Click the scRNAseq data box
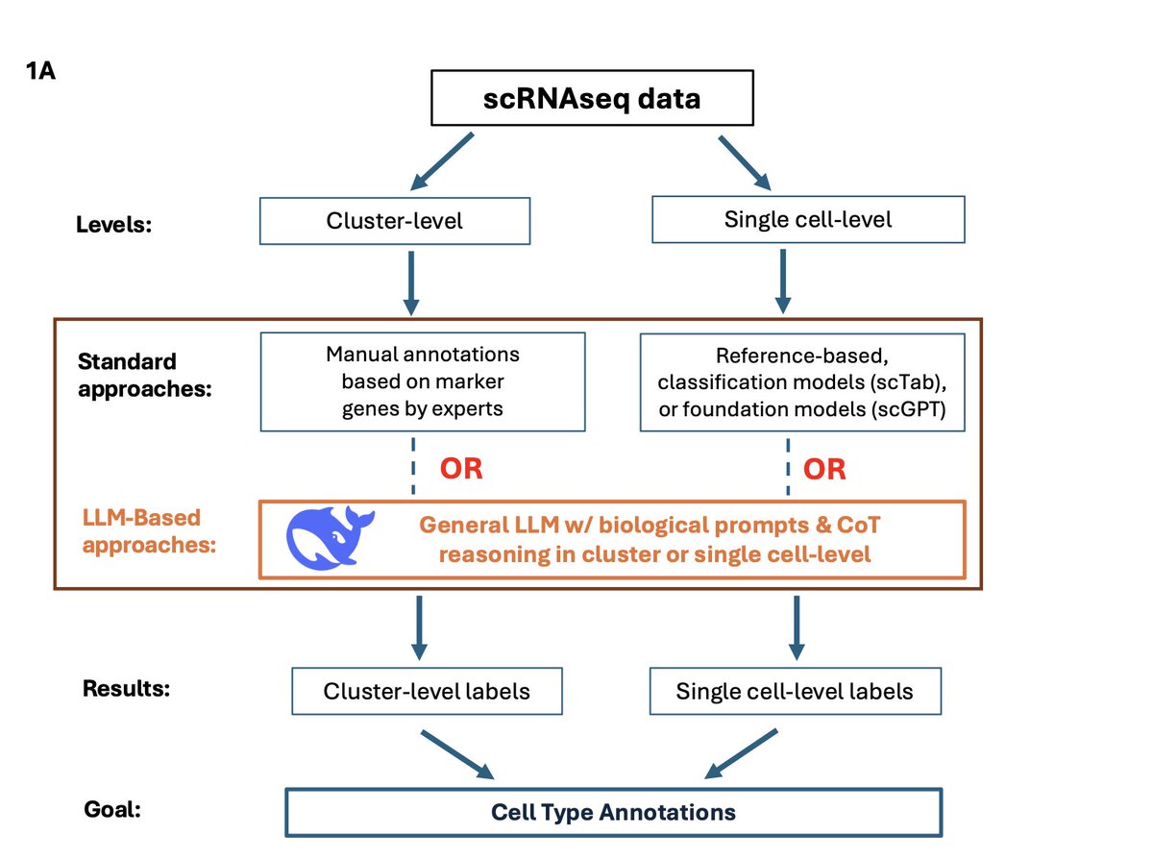click(592, 98)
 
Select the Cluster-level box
click(395, 221)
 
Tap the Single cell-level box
click(808, 219)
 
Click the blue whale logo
click(331, 538)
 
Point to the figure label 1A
click(40, 71)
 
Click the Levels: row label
click(113, 225)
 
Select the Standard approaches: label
click(145, 375)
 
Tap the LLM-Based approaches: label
click(149, 531)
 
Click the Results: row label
click(126, 688)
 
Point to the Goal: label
click(112, 809)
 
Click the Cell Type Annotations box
click(613, 812)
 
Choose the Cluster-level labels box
click(427, 691)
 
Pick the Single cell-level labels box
click(796, 691)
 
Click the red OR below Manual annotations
click(461, 469)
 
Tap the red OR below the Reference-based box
click(824, 469)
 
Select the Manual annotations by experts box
click(423, 381)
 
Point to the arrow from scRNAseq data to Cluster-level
click(442, 161)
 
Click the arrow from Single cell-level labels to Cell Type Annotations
click(741, 753)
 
